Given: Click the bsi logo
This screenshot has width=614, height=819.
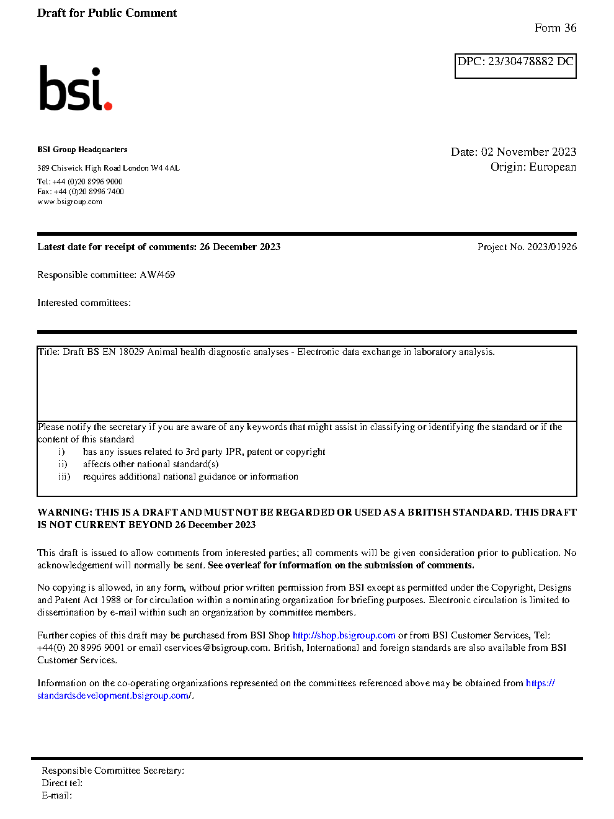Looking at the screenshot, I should (x=75, y=89).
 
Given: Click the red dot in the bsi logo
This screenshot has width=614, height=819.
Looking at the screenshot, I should (x=108, y=106).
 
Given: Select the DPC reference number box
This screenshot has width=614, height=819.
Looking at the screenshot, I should (x=515, y=66).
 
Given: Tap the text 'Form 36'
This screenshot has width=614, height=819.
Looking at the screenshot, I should (x=555, y=28).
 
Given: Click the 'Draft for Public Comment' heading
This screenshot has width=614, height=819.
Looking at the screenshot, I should (x=107, y=13).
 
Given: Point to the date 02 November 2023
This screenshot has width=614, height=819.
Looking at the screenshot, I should (x=528, y=152).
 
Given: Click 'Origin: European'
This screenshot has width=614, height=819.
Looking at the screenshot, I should (x=533, y=167).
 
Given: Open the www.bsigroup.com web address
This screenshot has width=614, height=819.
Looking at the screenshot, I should (x=69, y=202).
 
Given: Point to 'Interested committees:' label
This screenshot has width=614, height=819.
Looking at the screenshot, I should (x=84, y=303).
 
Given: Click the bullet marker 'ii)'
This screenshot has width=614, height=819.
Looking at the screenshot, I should (x=63, y=464).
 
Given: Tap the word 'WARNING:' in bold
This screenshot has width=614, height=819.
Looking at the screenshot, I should (x=65, y=512).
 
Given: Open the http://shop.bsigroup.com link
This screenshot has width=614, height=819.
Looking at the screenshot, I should (x=344, y=635).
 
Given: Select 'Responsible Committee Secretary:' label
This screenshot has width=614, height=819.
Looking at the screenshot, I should (x=113, y=771).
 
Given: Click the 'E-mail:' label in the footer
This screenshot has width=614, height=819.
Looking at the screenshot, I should (x=56, y=795).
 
